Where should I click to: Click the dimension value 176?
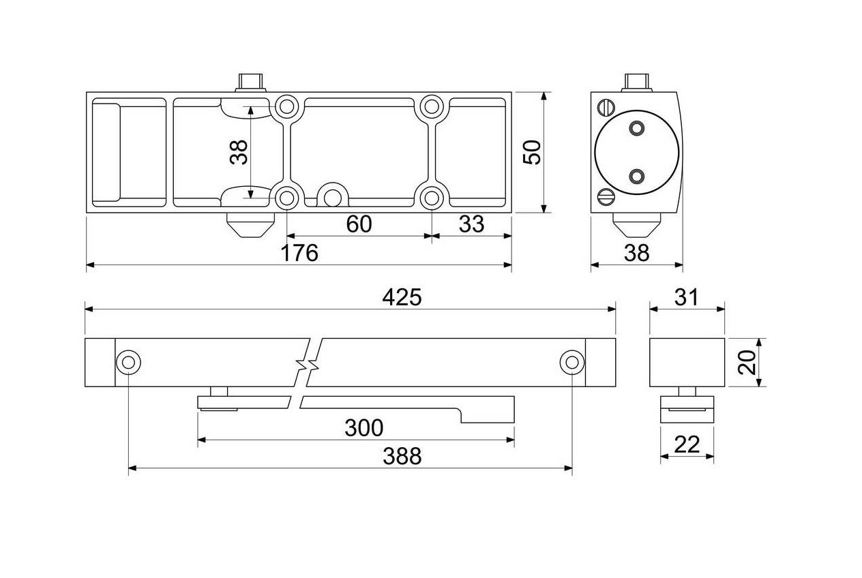pos(299,254)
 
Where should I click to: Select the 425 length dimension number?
pos(402,297)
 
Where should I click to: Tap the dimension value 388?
pos(402,456)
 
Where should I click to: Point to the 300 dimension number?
pos(363,428)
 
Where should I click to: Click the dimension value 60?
pos(359,224)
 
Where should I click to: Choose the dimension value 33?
pos(471,224)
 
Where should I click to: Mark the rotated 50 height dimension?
pos(531,151)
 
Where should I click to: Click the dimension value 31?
pos(687,297)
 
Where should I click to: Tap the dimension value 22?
pos(687,444)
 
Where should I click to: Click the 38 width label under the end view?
pos(637,254)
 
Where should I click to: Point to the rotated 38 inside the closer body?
pos(239,151)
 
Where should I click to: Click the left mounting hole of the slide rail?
pos(128,363)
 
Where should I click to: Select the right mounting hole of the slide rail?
pos(571,363)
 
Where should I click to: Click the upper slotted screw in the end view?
pos(606,107)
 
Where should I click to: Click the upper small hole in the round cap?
pos(637,128)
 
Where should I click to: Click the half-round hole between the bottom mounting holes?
pos(333,197)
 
